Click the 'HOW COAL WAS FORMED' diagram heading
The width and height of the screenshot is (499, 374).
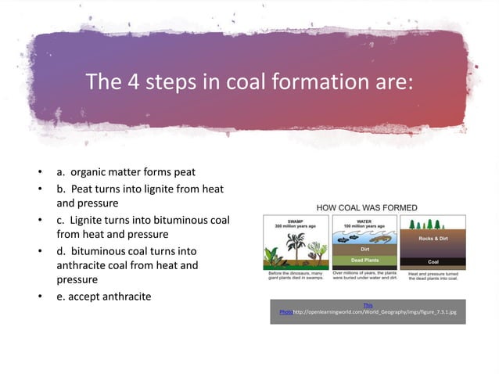[x=366, y=207]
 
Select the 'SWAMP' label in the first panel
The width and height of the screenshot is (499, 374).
[x=295, y=220]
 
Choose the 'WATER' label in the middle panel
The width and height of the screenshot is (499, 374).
[x=364, y=220]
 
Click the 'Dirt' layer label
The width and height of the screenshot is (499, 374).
[x=364, y=250]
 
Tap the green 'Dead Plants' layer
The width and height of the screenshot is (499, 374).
[x=364, y=260]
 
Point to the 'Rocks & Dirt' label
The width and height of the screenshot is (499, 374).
[x=433, y=239]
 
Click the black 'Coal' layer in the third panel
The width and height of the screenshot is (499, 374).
[x=433, y=261]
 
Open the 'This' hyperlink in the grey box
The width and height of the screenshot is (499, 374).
[x=368, y=304]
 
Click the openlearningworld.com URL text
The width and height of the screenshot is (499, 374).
[x=379, y=311]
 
